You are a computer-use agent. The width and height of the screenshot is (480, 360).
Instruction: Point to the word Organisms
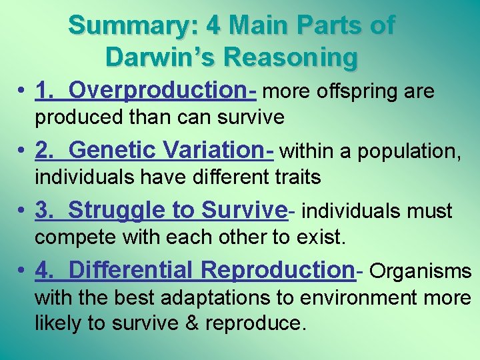(420, 271)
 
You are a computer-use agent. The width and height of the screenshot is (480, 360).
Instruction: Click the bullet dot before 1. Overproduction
(23, 91)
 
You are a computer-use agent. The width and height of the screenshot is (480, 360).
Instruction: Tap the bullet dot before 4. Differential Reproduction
(23, 271)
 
